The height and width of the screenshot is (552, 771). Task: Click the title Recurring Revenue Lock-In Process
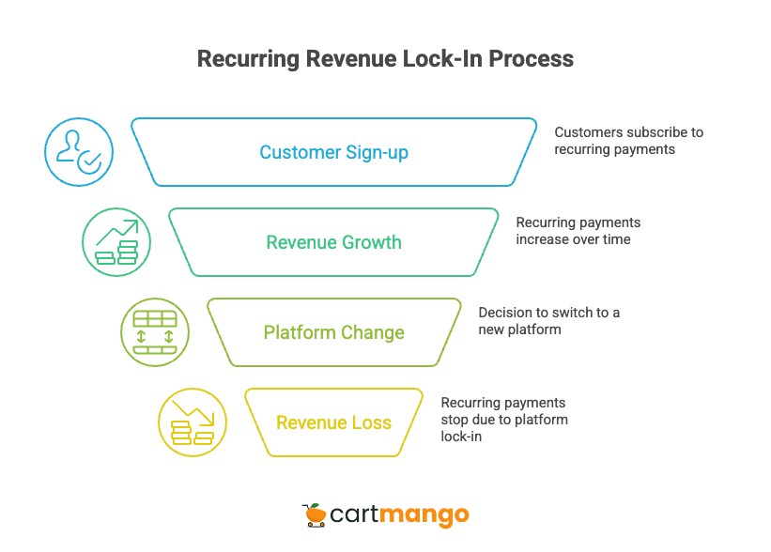click(x=385, y=59)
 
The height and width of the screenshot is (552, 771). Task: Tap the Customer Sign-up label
click(x=333, y=152)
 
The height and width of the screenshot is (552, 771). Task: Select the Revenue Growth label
click(x=333, y=242)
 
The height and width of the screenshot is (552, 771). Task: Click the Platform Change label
click(x=333, y=332)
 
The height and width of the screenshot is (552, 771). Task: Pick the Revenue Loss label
click(x=333, y=422)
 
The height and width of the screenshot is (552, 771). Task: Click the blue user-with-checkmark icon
click(x=79, y=152)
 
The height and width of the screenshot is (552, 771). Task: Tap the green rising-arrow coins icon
click(x=116, y=242)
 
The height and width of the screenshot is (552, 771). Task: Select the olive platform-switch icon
click(x=154, y=332)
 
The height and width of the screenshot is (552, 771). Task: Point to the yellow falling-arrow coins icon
click(x=192, y=422)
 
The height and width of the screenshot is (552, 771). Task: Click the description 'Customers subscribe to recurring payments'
click(x=627, y=141)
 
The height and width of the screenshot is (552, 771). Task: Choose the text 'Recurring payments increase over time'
click(x=578, y=231)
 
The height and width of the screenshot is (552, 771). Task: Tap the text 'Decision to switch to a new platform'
click(x=548, y=321)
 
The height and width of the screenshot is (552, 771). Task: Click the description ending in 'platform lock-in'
click(x=504, y=419)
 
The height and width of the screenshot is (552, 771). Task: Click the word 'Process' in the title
click(x=531, y=59)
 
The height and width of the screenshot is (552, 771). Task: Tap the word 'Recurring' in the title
click(x=247, y=59)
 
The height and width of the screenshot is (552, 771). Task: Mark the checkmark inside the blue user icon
click(x=89, y=162)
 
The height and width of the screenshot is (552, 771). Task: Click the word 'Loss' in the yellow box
click(x=371, y=422)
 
